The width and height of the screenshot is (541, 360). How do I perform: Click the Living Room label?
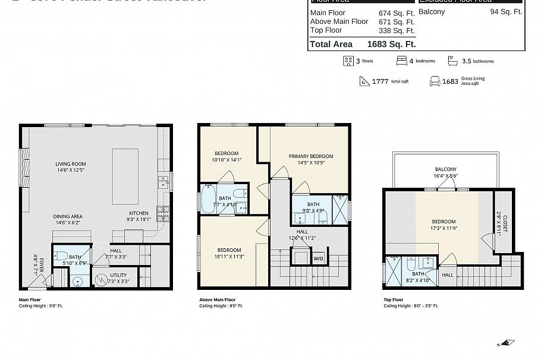coord(71,164)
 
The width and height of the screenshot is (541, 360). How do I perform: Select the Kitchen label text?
coord(139,213)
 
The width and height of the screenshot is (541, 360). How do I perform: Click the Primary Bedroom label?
coord(311,156)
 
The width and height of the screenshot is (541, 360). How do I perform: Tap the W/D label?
coord(318,258)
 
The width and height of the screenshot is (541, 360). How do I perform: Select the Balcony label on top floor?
coord(445,169)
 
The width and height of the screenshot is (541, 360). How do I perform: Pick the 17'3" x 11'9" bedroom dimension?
coord(444,228)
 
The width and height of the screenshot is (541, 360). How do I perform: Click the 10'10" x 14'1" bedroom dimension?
coord(227,159)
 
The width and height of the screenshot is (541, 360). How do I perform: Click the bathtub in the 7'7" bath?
coord(208,200)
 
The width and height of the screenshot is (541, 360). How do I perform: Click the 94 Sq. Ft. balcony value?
coord(506,11)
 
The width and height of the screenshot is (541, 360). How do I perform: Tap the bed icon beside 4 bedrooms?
coord(402,61)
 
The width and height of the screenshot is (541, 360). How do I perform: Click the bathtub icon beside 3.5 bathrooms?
coord(453,61)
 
